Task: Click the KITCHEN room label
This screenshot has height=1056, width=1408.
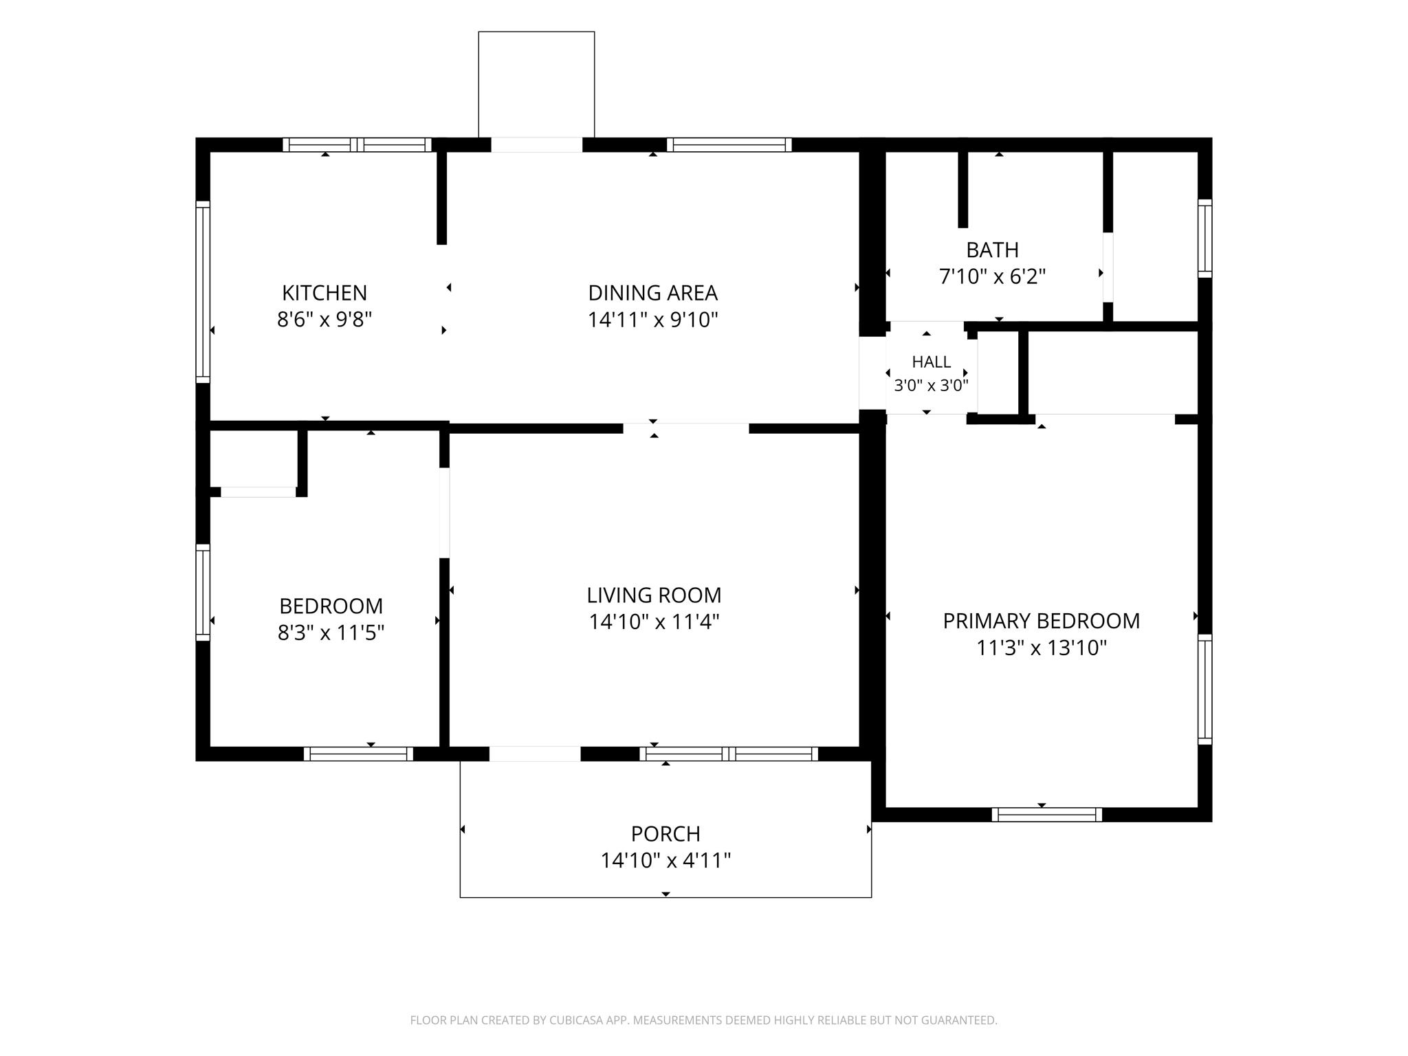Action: click(x=324, y=293)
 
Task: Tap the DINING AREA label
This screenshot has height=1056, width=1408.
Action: click(x=653, y=293)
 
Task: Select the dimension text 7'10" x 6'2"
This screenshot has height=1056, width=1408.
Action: click(x=992, y=276)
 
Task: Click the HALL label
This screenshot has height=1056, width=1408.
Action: click(x=932, y=362)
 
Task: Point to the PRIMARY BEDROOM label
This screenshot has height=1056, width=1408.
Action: click(x=1042, y=621)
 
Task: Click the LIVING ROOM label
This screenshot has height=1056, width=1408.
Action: click(x=654, y=595)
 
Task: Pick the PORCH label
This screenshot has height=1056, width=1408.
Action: click(x=665, y=833)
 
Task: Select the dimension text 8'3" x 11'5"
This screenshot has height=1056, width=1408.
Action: click(x=331, y=632)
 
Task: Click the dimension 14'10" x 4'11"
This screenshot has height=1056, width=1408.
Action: click(x=665, y=860)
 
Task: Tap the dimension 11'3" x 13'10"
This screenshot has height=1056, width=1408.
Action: click(x=1042, y=648)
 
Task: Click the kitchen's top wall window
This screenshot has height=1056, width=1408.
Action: click(x=357, y=145)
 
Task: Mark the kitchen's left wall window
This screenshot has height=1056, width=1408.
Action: click(x=203, y=291)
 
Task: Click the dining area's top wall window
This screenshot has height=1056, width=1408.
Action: click(x=729, y=145)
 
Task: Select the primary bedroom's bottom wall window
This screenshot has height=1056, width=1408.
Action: click(x=1046, y=815)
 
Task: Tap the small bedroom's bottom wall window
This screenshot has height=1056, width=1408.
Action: click(x=358, y=753)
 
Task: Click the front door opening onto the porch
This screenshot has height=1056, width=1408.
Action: click(x=535, y=753)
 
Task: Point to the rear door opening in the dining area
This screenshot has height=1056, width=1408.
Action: click(x=536, y=145)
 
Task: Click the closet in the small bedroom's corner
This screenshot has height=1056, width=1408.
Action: click(x=253, y=459)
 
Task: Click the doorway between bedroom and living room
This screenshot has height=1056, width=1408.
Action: click(x=444, y=513)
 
